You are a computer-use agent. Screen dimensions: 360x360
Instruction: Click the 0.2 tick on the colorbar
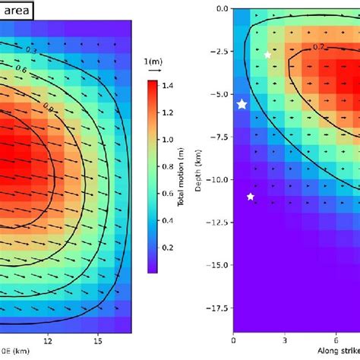click(185, 247)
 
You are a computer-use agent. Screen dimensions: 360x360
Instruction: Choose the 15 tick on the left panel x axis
click(98, 341)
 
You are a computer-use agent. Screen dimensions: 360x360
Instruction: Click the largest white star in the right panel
click(242, 105)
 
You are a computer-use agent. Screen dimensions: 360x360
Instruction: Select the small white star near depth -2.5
click(267, 55)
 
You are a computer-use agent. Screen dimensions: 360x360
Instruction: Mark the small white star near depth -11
click(251, 197)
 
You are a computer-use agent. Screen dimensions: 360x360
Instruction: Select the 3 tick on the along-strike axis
click(284, 341)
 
